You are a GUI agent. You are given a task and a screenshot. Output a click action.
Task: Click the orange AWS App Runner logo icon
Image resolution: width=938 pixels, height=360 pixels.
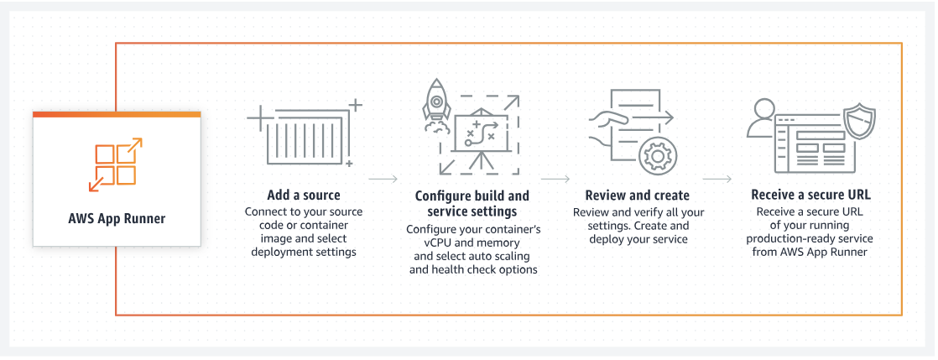117,164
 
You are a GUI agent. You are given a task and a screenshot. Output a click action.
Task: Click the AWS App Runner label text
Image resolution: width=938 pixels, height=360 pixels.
117,219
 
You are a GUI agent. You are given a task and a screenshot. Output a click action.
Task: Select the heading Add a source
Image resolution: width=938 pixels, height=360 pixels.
304,196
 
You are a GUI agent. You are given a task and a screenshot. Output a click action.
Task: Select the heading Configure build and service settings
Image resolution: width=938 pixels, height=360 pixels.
472,204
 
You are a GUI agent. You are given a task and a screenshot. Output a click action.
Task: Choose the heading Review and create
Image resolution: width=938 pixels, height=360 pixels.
637,196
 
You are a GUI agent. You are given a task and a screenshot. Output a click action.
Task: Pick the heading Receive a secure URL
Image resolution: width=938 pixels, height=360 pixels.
810,196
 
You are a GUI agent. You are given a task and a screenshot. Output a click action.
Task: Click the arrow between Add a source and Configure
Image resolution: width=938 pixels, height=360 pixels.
383,179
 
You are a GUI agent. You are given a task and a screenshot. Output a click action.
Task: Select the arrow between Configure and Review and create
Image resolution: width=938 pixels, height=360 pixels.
555,179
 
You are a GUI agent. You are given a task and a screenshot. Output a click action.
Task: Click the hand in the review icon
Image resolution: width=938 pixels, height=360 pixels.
605,123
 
